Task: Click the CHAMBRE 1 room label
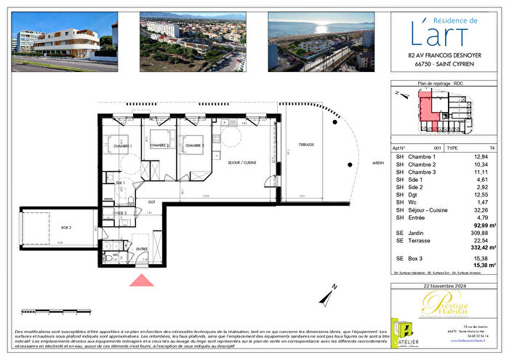(121, 146)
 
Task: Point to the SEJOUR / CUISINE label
(240, 163)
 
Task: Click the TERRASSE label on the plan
(306, 145)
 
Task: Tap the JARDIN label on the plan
(376, 164)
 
